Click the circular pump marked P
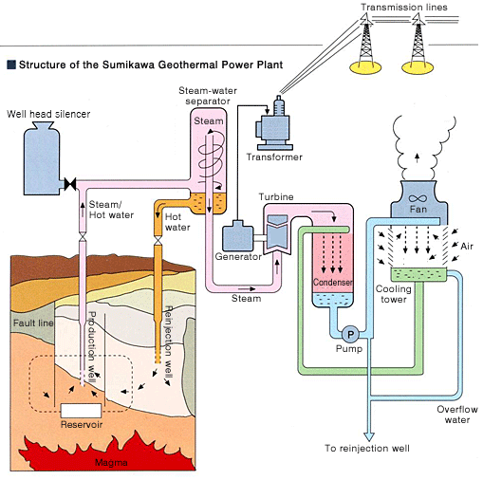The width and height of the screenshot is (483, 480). point(348,334)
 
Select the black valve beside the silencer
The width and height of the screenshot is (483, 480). point(70,182)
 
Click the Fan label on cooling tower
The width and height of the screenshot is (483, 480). point(419,208)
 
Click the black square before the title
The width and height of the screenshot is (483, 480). point(10,66)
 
